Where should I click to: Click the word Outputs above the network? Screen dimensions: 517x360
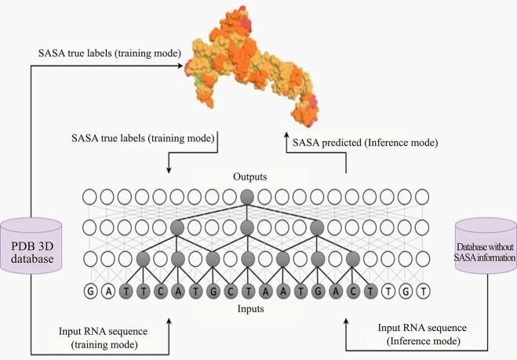click(x=249, y=177)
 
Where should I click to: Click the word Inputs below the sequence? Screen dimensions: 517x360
click(x=250, y=309)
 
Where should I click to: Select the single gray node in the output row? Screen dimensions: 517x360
click(x=247, y=197)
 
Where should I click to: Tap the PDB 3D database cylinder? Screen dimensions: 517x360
click(x=31, y=245)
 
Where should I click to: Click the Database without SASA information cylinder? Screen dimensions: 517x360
click(x=486, y=246)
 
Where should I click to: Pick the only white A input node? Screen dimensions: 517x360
click(x=107, y=292)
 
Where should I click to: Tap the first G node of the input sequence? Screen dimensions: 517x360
click(x=91, y=292)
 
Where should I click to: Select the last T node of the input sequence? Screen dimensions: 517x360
click(x=423, y=292)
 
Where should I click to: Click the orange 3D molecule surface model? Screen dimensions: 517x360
click(x=251, y=66)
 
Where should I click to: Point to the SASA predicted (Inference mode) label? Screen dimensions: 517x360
click(x=366, y=143)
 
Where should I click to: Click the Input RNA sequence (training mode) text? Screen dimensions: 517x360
click(x=104, y=338)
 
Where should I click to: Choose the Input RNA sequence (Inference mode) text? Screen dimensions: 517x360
click(x=422, y=334)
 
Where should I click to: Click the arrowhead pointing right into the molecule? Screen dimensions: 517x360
click(x=180, y=66)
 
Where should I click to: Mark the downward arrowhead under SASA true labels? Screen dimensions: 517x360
click(x=169, y=170)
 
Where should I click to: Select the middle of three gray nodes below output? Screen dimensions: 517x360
click(x=247, y=227)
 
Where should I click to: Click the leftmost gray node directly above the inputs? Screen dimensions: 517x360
click(x=143, y=259)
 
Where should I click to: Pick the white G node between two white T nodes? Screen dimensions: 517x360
click(x=406, y=292)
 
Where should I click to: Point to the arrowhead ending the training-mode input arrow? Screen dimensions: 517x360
click(x=169, y=322)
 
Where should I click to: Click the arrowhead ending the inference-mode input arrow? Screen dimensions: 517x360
click(x=345, y=322)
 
